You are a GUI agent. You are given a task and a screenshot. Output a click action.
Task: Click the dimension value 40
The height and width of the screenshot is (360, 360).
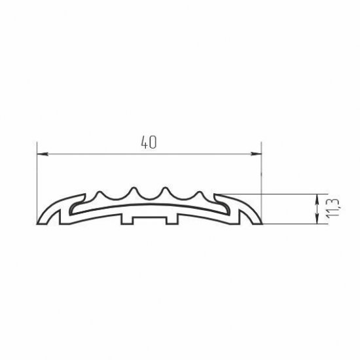click(149, 142)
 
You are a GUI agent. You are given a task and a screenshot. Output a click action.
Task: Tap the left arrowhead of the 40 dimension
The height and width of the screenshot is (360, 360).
click(43, 154)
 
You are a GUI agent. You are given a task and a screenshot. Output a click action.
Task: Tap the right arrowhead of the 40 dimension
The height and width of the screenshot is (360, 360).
click(256, 154)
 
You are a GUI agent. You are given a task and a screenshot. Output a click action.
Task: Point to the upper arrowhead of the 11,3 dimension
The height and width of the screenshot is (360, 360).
click(317, 199)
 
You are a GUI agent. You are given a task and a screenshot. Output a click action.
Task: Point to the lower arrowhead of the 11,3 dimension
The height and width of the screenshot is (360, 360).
click(317, 219)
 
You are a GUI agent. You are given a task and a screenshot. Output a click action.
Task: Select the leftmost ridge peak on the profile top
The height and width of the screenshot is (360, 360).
click(99, 192)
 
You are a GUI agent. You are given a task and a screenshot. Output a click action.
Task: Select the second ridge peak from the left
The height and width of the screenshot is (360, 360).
click(134, 188)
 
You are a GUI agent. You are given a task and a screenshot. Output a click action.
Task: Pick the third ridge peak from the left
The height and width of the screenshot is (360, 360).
click(166, 188)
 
